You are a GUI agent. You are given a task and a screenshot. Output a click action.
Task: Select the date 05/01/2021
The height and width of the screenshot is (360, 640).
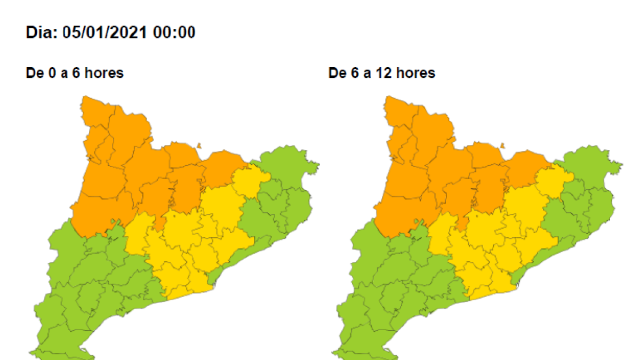pyautogui.click(x=105, y=33)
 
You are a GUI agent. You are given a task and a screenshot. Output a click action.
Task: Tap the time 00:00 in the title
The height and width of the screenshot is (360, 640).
pyautogui.click(x=174, y=33)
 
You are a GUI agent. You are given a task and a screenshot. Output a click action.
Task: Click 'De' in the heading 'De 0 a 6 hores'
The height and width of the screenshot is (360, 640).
pyautogui.click(x=34, y=73)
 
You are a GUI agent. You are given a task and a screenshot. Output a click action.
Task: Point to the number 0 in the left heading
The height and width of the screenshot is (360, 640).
pyautogui.click(x=52, y=73)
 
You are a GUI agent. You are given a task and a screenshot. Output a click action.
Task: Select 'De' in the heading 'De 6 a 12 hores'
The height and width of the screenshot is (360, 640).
pyautogui.click(x=337, y=73)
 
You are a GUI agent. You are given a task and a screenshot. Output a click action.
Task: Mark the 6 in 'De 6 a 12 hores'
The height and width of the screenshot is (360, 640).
pyautogui.click(x=355, y=73)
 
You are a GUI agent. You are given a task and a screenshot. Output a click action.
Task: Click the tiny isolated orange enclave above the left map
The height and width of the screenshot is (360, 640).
pyautogui.click(x=198, y=145)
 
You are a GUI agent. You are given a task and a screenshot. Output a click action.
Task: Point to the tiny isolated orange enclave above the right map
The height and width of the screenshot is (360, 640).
pyautogui.click(x=501, y=145)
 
